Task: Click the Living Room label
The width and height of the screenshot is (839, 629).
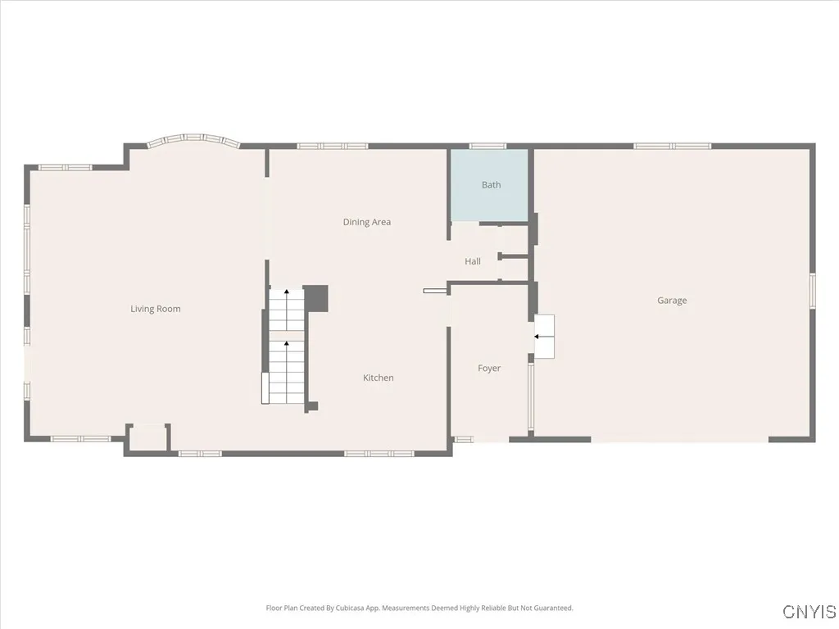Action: tap(155, 309)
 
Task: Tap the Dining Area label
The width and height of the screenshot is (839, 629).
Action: tap(366, 222)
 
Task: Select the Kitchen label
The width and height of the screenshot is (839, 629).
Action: tap(378, 378)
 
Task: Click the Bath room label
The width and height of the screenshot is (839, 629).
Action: tap(491, 185)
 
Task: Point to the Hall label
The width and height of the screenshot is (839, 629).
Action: tap(473, 261)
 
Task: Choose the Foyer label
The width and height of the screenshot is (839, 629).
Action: tap(489, 369)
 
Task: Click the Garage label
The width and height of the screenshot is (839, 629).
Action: tap(672, 301)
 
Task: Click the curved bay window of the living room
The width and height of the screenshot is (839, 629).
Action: tap(193, 139)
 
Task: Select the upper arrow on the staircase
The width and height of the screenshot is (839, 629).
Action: tap(286, 292)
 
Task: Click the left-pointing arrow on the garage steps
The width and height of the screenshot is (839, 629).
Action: tap(539, 336)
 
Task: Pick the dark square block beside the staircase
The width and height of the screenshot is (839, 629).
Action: tap(316, 297)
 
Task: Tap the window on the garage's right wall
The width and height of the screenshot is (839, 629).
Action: tap(812, 292)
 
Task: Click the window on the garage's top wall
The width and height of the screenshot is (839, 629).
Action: tap(672, 146)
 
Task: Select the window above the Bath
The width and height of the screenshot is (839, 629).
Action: tap(488, 146)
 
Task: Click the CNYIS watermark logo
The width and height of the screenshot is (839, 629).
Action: tap(809, 612)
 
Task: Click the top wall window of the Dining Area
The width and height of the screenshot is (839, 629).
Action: tap(332, 146)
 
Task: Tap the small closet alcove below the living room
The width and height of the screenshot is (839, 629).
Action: tap(147, 437)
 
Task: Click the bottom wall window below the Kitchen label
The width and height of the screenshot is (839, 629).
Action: tap(379, 453)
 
